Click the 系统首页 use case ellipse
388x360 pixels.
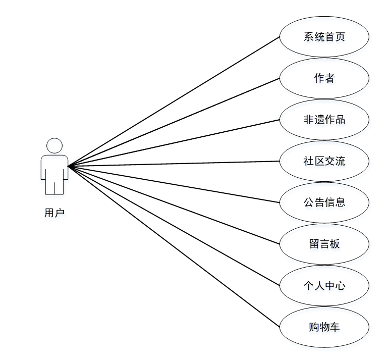[324, 37]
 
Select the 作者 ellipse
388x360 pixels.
[324, 78]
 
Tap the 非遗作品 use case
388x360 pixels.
[324, 120]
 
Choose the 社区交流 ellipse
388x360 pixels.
[324, 161]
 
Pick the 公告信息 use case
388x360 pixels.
[324, 202]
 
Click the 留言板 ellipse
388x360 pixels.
[324, 244]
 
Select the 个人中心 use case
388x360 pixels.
[324, 285]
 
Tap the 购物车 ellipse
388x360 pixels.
[324, 327]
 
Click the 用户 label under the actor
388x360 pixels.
[54, 213]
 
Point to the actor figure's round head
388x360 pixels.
[54, 146]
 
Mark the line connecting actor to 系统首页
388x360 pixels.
[174, 101]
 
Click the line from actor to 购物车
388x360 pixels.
[174, 246]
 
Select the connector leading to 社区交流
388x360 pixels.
[174, 164]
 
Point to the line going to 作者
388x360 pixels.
[174, 122]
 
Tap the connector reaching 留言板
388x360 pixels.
[174, 205]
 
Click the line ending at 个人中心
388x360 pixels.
[174, 226]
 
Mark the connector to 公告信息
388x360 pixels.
[174, 184]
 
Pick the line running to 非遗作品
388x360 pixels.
[174, 143]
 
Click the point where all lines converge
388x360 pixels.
[69, 166]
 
